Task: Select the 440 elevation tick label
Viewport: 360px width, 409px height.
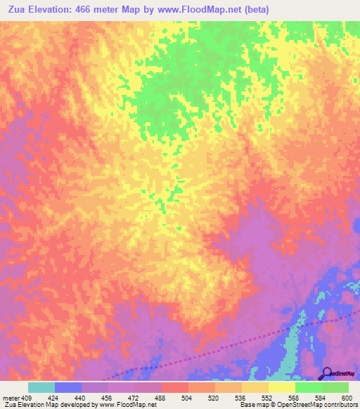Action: coord(82,397)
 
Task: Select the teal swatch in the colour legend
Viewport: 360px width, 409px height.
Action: coord(41,387)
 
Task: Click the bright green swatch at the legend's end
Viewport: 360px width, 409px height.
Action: coord(335,387)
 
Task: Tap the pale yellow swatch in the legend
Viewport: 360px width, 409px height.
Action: coord(282,387)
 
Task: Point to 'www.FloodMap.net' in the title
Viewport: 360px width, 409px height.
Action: coord(219,10)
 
